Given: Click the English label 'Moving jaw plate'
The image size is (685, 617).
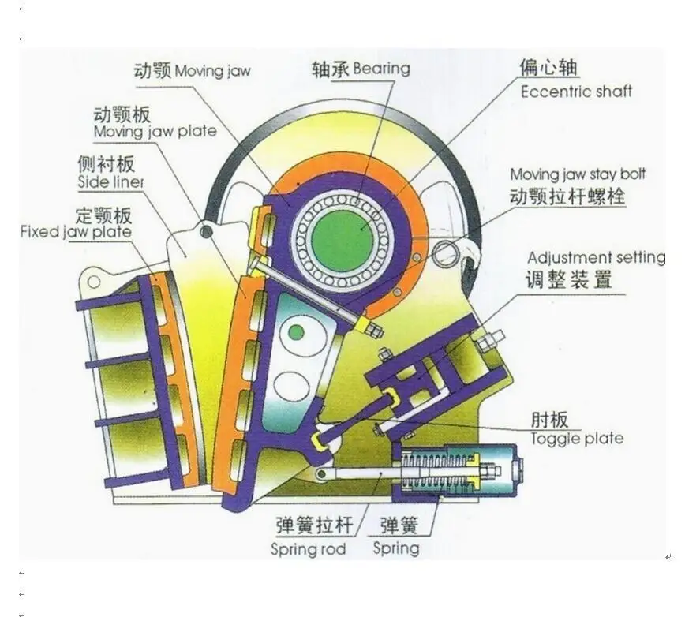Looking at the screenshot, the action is click(x=155, y=131).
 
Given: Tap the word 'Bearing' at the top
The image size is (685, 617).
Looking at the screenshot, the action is click(x=382, y=69).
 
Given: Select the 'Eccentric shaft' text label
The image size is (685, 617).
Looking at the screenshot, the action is click(x=576, y=92).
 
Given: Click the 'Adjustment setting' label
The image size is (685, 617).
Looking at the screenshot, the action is click(x=596, y=258).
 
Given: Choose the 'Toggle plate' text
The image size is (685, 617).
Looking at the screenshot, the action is click(x=576, y=439).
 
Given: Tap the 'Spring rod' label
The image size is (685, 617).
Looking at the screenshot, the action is click(x=308, y=549).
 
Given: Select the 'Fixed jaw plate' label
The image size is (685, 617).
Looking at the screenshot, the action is click(x=76, y=232).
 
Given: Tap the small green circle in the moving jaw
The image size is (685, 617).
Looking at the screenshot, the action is click(x=296, y=333).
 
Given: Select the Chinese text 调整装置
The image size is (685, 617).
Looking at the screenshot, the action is click(x=568, y=279).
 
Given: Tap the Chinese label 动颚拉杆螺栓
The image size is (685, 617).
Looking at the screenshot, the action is click(x=567, y=196).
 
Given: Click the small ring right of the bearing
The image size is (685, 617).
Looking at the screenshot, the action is click(x=447, y=253).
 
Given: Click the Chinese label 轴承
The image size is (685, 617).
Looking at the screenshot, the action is click(x=330, y=69).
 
